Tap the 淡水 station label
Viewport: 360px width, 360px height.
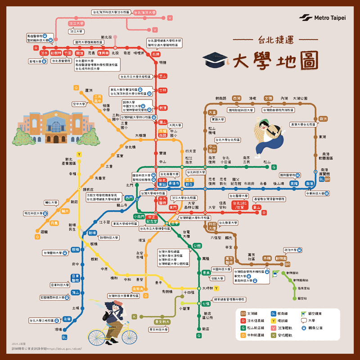coord(44,53)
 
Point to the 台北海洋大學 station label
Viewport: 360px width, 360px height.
coord(145,13)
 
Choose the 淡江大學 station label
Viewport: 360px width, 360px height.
coord(76,23)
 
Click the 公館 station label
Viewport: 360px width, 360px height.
coord(197,246)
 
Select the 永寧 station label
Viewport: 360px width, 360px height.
coord(67,319)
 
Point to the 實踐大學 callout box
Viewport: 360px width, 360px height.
coord(217,120)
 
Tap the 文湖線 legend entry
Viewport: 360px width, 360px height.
coord(252,313)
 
